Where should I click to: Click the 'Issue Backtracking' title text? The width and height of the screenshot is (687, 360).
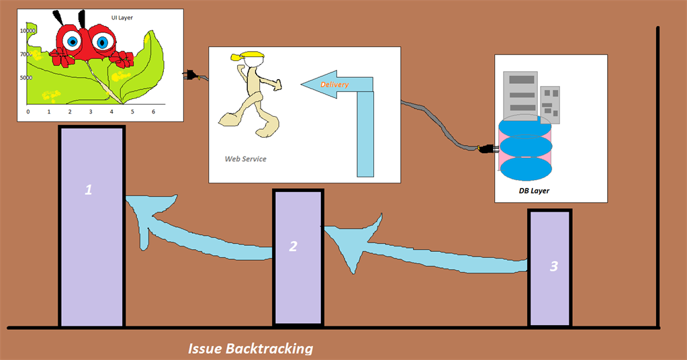[x=250, y=349]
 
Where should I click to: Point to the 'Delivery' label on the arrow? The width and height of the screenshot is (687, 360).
[x=334, y=85]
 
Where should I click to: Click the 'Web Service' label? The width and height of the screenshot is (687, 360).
[x=245, y=159]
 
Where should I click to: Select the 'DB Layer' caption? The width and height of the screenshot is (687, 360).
[x=534, y=191]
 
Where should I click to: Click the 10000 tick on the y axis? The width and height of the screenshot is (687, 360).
[x=28, y=30]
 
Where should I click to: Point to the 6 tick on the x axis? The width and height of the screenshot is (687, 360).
[x=153, y=111]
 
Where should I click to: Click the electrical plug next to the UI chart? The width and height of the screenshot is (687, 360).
[x=190, y=75]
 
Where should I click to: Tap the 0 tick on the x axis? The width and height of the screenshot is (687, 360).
[x=28, y=111]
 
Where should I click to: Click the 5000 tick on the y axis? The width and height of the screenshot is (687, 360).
[x=26, y=78]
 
